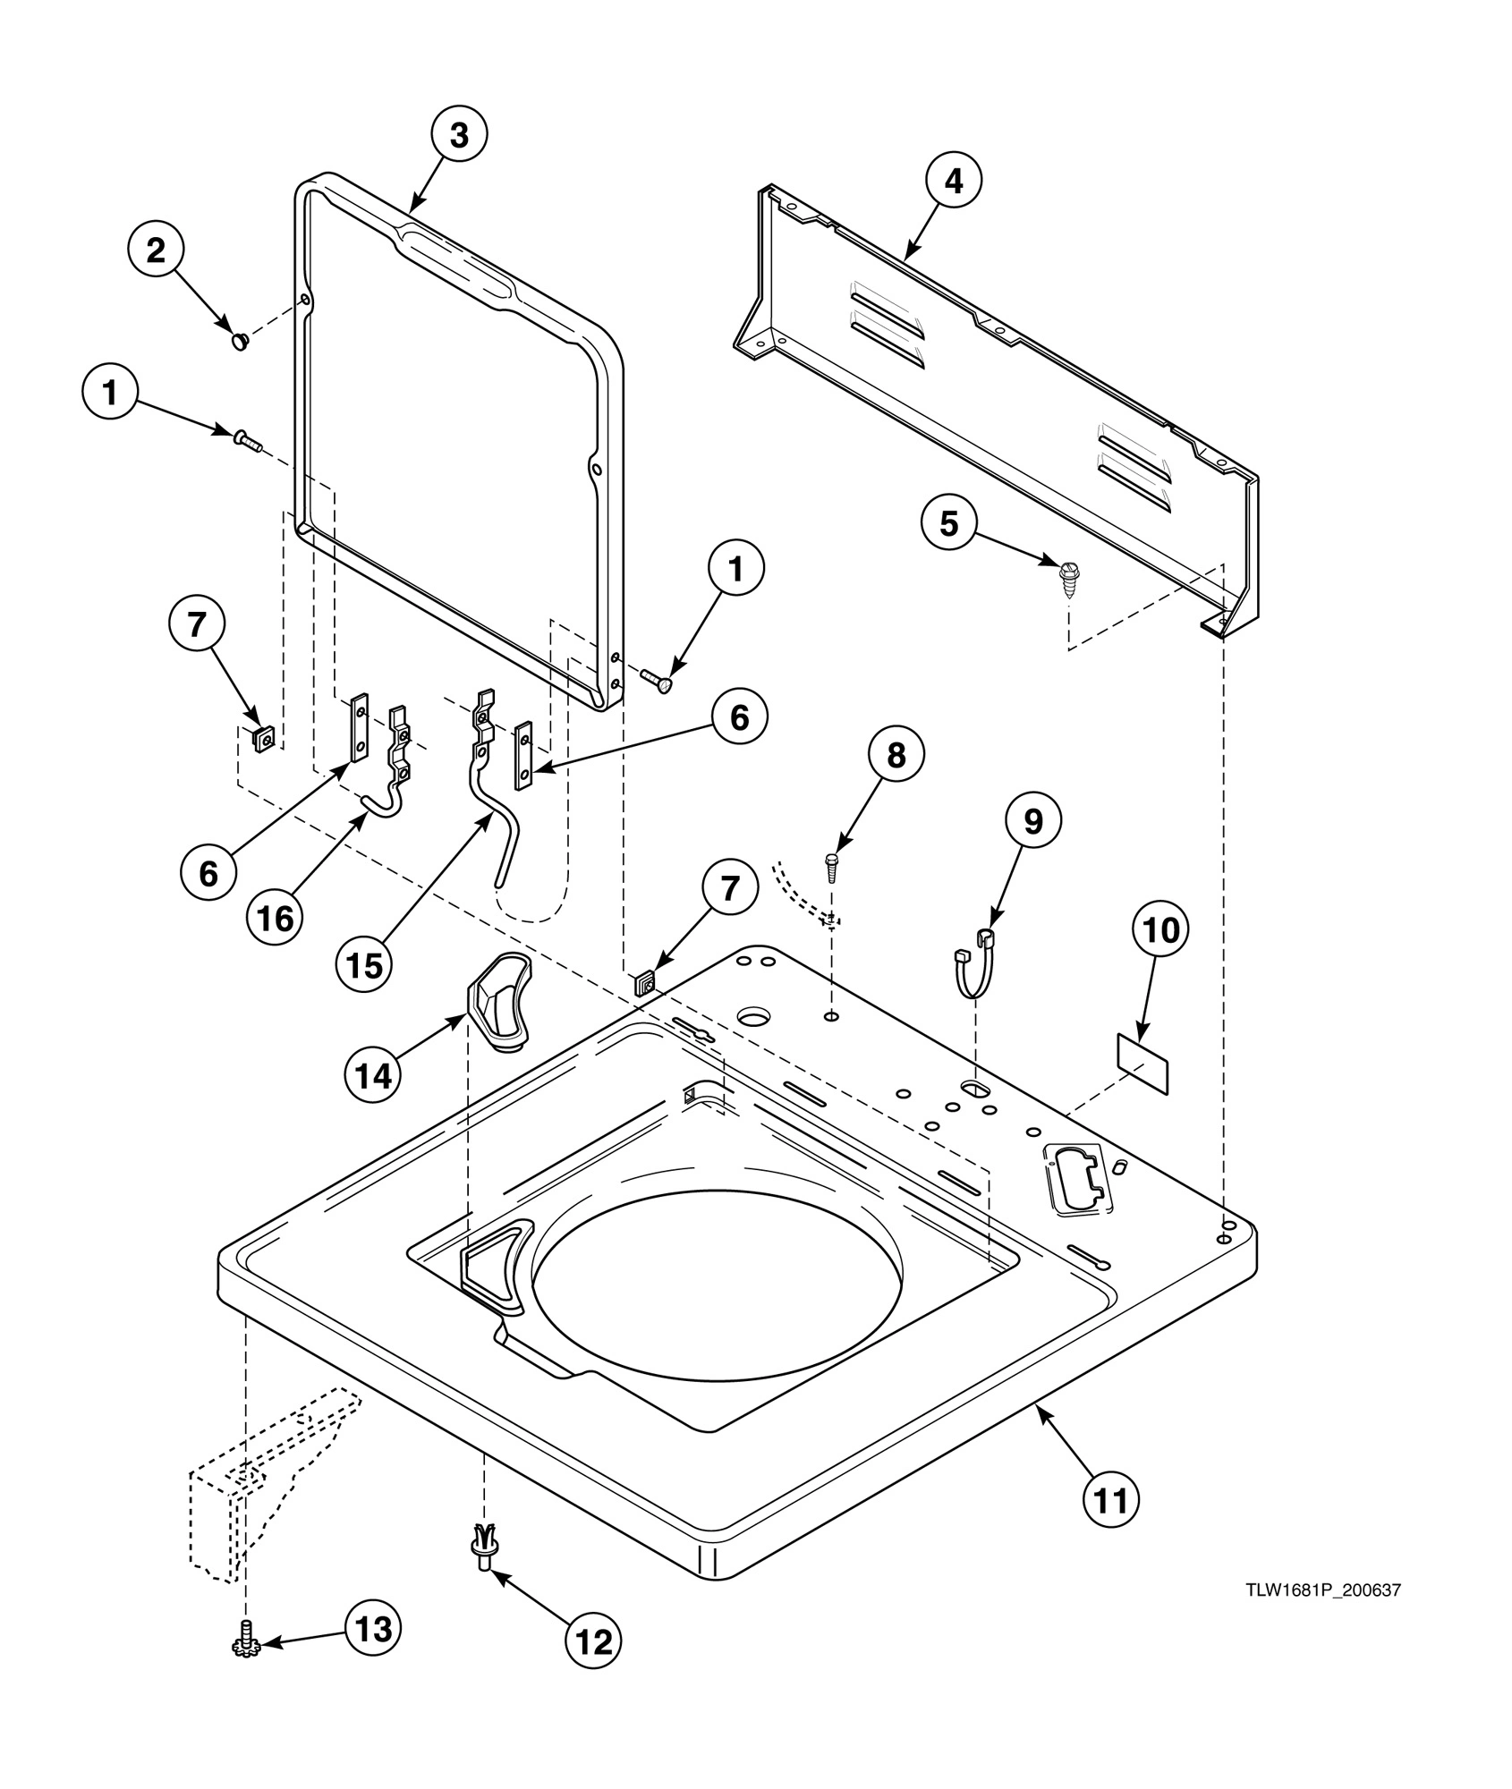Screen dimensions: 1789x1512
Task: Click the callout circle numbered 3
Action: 458,136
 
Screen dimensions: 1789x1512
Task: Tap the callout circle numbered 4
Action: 954,182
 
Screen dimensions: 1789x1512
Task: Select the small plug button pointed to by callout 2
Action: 240,340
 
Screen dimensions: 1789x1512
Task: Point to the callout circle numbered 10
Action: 1160,930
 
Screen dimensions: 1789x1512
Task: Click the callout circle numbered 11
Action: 1110,1500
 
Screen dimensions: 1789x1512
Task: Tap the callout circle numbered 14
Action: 373,1076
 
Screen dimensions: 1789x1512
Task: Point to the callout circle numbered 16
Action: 276,918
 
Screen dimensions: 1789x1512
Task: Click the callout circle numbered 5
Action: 948,523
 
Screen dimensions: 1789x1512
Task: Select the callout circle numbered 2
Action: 156,251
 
